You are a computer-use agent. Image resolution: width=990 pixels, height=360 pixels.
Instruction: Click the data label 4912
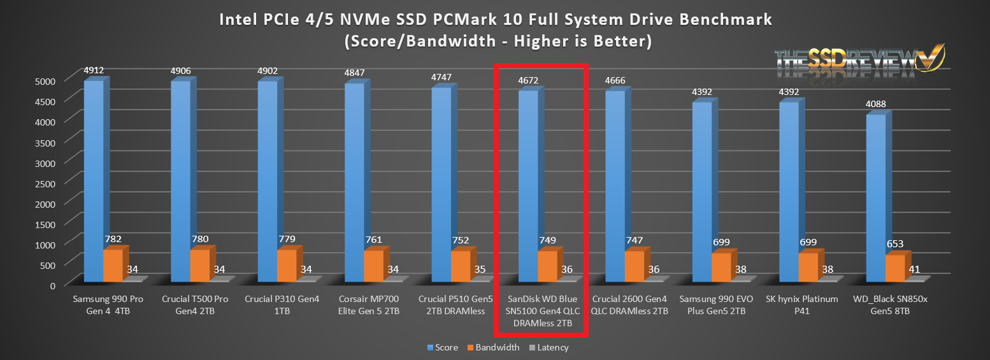94,70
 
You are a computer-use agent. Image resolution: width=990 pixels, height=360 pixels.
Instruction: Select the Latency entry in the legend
552,348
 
